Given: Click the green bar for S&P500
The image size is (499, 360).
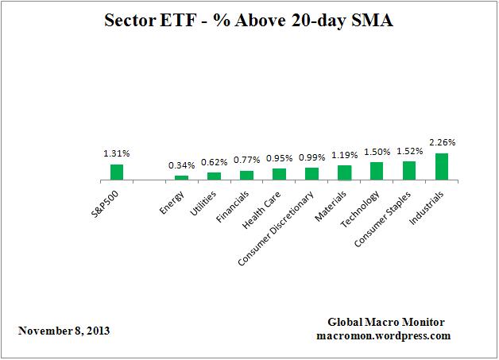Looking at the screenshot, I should (x=116, y=172).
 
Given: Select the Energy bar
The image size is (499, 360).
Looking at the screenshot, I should (x=181, y=177).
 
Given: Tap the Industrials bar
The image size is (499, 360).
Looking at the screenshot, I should (x=442, y=166).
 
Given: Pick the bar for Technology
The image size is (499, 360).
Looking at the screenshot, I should (x=377, y=171).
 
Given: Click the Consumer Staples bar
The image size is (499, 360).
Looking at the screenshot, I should (x=409, y=171).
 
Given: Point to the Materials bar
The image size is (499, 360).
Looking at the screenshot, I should (x=344, y=172).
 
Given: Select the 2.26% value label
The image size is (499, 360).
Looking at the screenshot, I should (x=442, y=143).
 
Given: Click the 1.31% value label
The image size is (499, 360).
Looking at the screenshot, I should (x=116, y=154).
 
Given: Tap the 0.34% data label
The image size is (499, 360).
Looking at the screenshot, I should (x=181, y=165).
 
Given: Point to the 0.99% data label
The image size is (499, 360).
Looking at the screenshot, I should (x=311, y=157).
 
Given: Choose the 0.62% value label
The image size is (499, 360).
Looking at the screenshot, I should (x=214, y=162).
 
